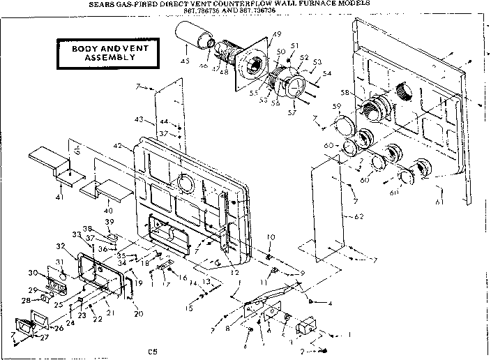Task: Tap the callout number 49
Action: click(x=257, y=35)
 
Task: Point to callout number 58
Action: click(x=345, y=93)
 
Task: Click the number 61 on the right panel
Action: click(x=438, y=203)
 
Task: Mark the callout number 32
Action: click(x=61, y=246)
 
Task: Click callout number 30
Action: click(x=32, y=273)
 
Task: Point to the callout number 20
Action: click(x=138, y=313)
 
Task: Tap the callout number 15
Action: click(x=189, y=308)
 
